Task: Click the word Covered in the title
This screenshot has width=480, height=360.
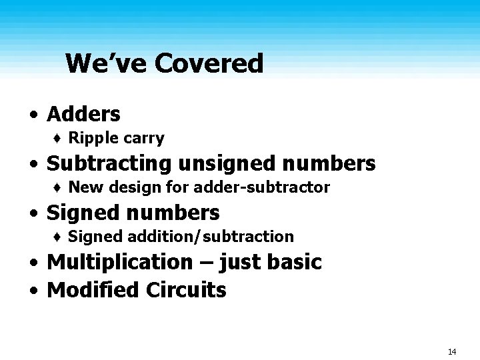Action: [209, 64]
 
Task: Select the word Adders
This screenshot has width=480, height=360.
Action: [83, 114]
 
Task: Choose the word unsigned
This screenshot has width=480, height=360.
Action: [215, 164]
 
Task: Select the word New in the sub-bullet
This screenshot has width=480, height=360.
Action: [83, 187]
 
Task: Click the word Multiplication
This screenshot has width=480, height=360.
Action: [119, 262]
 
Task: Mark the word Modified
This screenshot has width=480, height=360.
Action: [93, 290]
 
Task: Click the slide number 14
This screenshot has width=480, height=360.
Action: [451, 351]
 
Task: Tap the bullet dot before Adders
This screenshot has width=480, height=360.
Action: [33, 115]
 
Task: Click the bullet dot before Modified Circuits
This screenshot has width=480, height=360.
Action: [33, 291]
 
